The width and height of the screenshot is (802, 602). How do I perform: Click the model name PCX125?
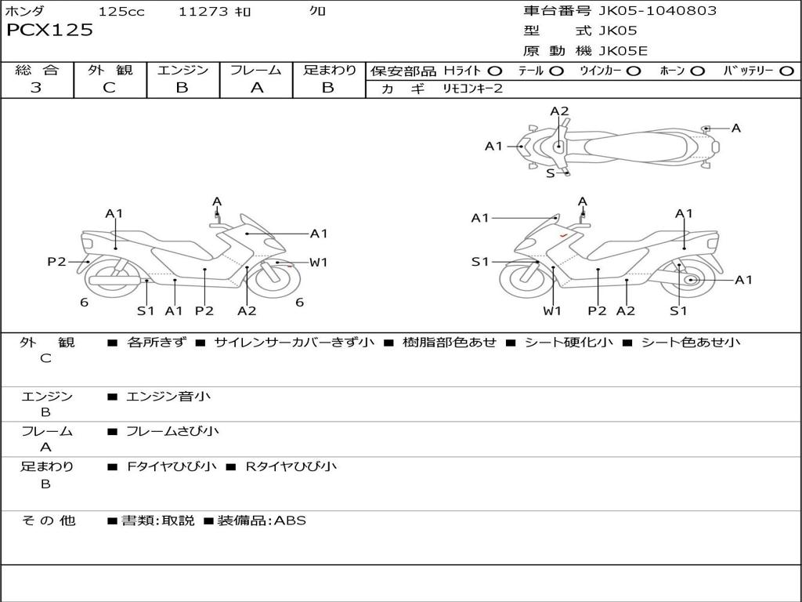pos(49,31)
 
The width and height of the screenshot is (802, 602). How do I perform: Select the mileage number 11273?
pos(204,11)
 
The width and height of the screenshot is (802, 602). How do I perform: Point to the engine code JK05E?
pos(623,51)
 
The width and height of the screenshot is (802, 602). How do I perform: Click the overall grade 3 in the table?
pos(36,88)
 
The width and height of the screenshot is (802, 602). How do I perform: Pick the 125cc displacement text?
pos(121,11)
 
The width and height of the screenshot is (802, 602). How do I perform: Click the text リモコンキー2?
pos(473,89)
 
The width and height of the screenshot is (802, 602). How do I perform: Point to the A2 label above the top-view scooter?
pos(559,111)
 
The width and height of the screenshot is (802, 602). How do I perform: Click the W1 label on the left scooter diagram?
pos(318,263)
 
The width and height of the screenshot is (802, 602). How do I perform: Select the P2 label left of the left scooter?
pos(56,262)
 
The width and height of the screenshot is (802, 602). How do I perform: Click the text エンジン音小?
pos(168,397)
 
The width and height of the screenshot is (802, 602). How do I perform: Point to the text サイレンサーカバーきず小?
pos(294,343)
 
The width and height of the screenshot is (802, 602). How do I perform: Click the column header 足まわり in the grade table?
pos(329,71)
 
